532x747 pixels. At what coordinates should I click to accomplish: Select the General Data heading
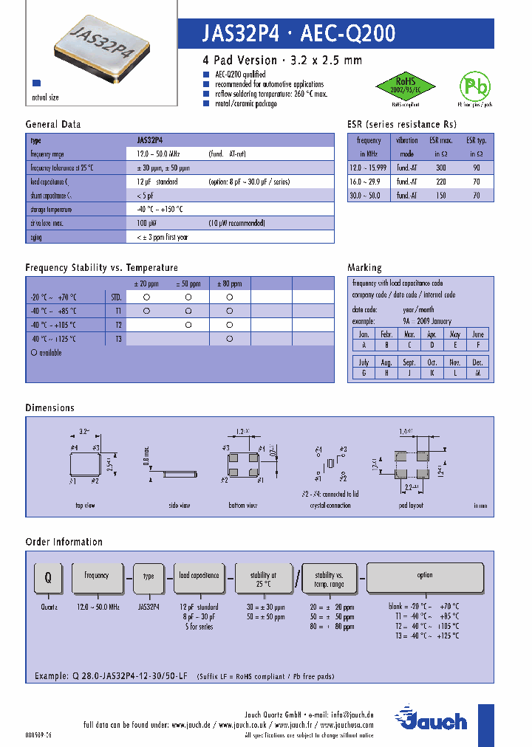coord(53,124)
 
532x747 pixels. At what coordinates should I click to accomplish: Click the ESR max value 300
coord(440,168)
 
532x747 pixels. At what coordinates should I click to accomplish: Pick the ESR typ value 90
coord(477,168)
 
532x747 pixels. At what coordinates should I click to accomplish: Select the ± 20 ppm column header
coord(146,283)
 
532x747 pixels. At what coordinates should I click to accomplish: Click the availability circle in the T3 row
coord(230,338)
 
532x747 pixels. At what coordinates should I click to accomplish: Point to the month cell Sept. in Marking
coord(409,362)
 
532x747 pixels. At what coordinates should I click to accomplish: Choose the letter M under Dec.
coord(478,373)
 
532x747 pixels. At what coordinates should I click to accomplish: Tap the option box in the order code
coord(425,576)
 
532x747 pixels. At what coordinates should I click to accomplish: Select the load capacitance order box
coord(199,576)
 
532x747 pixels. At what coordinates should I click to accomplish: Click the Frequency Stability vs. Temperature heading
coord(101,267)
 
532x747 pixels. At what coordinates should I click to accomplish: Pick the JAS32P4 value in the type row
coord(150,140)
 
